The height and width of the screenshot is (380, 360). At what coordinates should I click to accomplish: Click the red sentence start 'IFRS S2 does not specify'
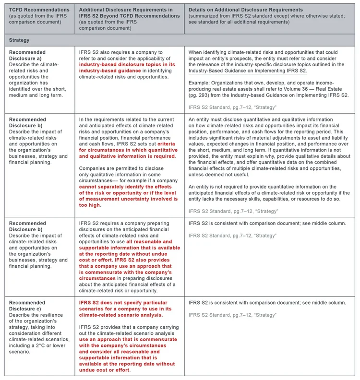click(111, 303)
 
